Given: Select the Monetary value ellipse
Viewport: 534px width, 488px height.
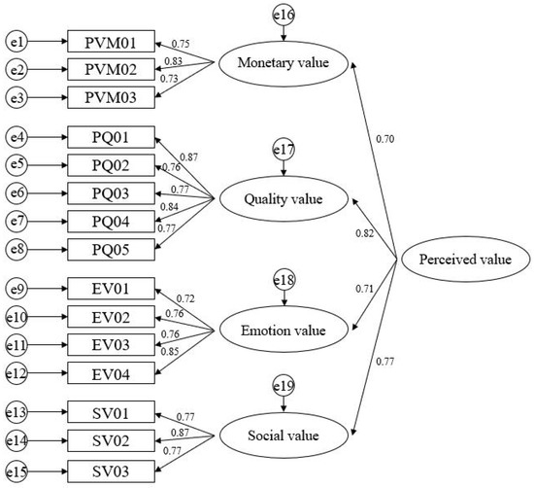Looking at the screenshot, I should click(284, 65).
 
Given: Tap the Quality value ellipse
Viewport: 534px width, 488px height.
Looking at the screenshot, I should click(284, 199).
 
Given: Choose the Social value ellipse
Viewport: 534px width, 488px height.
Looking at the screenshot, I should click(284, 428).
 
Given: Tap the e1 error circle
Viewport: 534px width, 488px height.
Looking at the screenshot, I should click(17, 41).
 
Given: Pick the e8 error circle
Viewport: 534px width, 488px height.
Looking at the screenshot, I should click(17, 249).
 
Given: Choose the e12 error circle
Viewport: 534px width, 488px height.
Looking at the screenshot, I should click(17, 373).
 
